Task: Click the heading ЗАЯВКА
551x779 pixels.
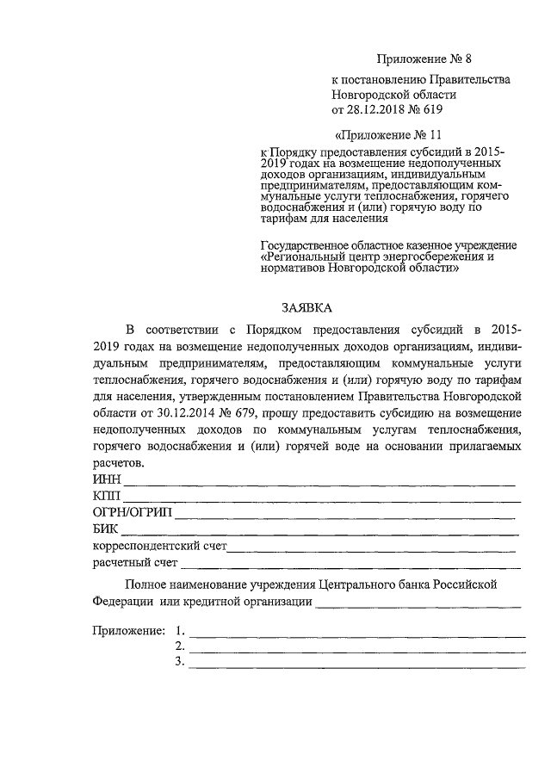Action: click(307, 307)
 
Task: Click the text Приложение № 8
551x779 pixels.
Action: click(425, 59)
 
